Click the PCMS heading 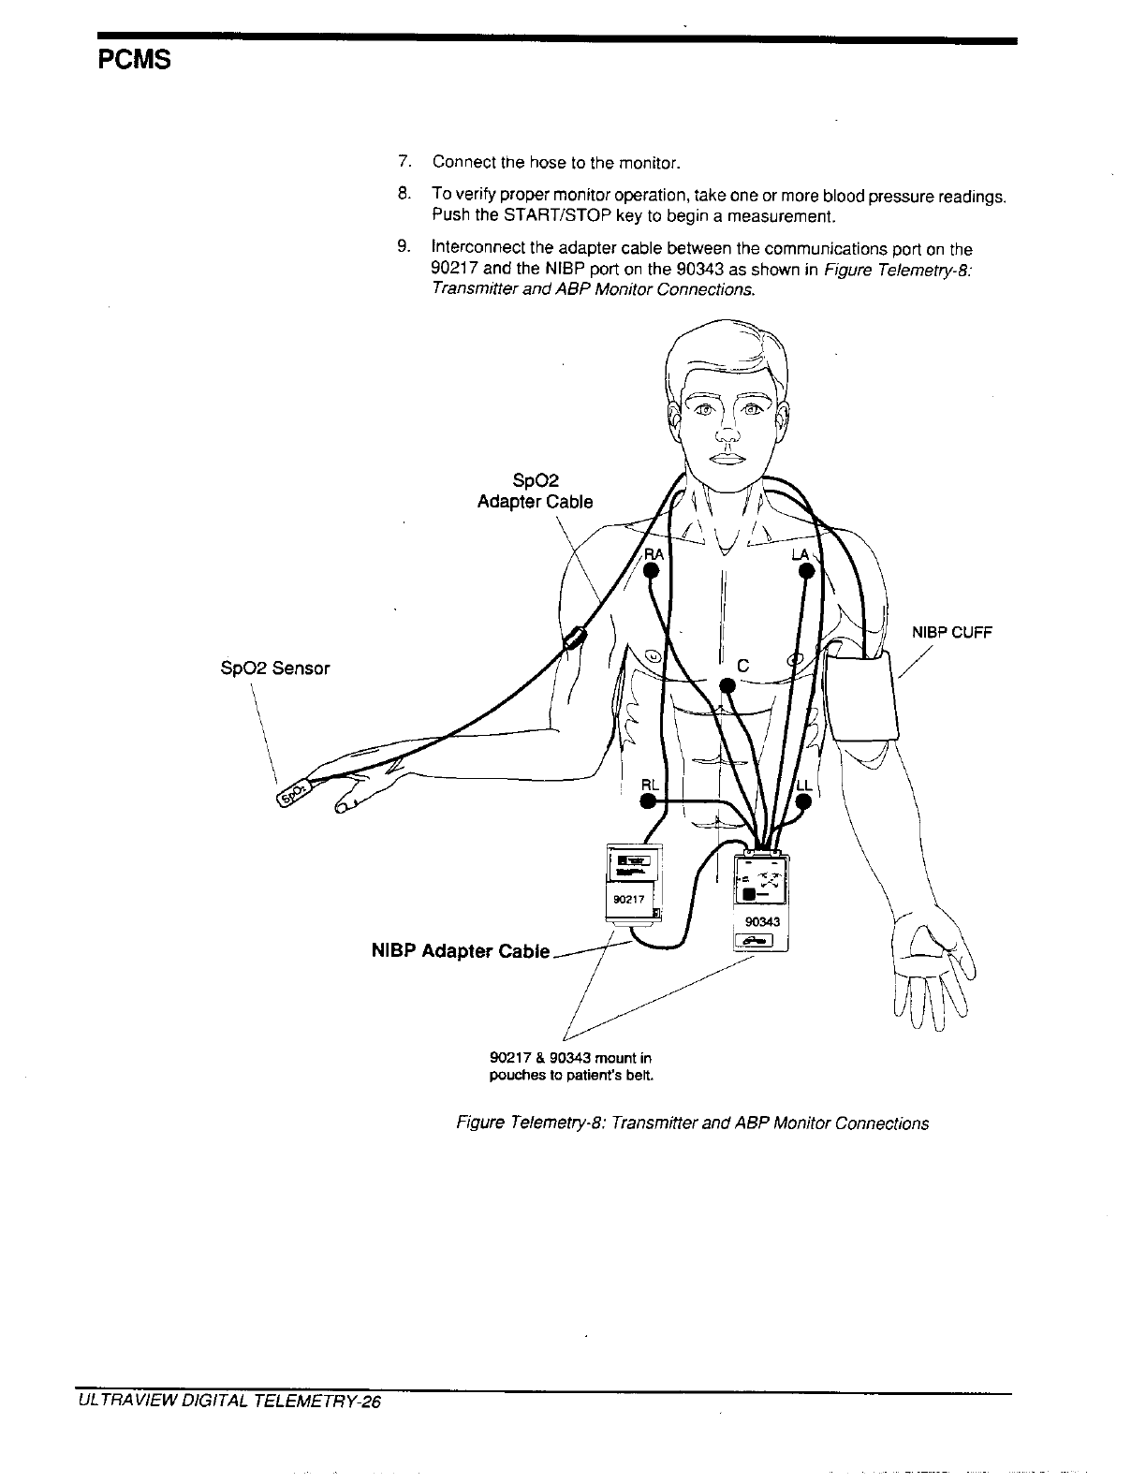[x=135, y=62]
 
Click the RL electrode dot [x=647, y=801]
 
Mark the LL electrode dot [x=803, y=801]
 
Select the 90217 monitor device [x=635, y=884]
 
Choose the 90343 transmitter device [x=760, y=899]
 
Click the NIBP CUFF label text [x=951, y=632]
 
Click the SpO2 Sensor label [x=272, y=668]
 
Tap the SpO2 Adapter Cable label [x=535, y=492]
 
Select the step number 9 [x=404, y=249]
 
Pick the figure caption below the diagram [x=692, y=1123]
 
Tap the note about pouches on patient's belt [x=571, y=1066]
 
